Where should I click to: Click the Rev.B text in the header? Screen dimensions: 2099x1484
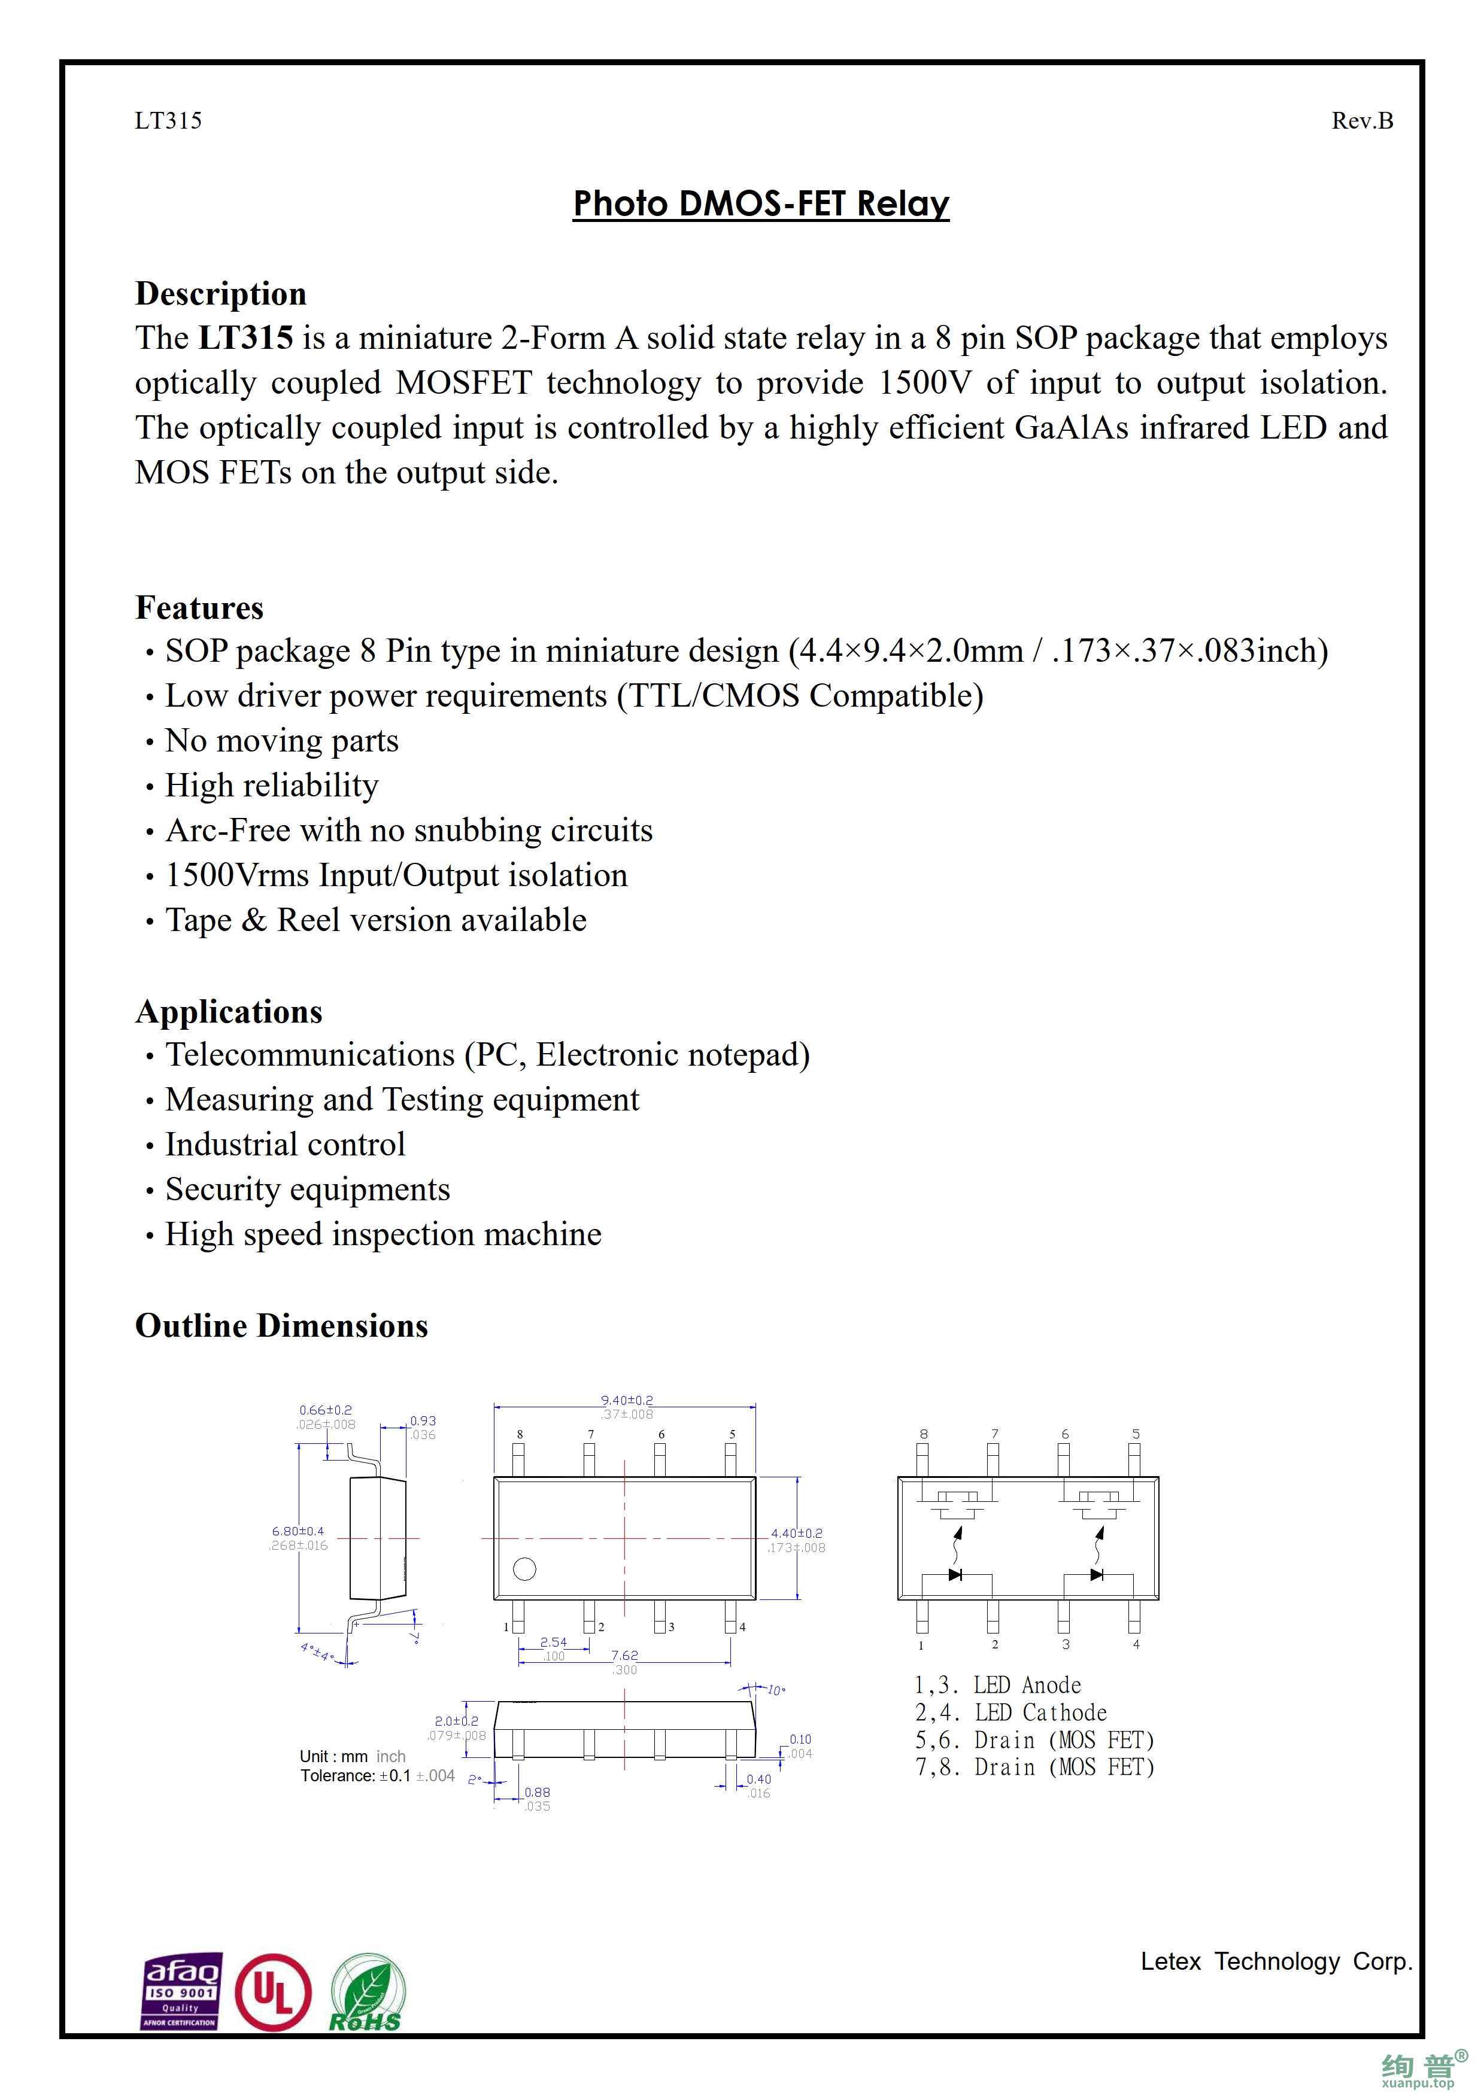(1361, 121)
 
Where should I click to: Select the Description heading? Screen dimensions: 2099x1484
(220, 293)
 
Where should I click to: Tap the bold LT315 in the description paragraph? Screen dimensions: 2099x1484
(246, 338)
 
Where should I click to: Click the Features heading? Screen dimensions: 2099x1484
(199, 608)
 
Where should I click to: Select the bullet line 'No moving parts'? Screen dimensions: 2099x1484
(281, 741)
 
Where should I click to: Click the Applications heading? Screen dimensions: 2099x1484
(229, 1012)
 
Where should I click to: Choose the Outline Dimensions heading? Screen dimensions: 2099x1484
(281, 1325)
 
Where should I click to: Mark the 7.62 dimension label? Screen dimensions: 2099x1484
(624, 1654)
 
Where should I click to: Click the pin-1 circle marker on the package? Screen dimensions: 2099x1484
(525, 1569)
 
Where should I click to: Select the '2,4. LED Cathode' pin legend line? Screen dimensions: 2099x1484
(1010, 1712)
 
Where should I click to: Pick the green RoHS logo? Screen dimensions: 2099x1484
(366, 1994)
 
